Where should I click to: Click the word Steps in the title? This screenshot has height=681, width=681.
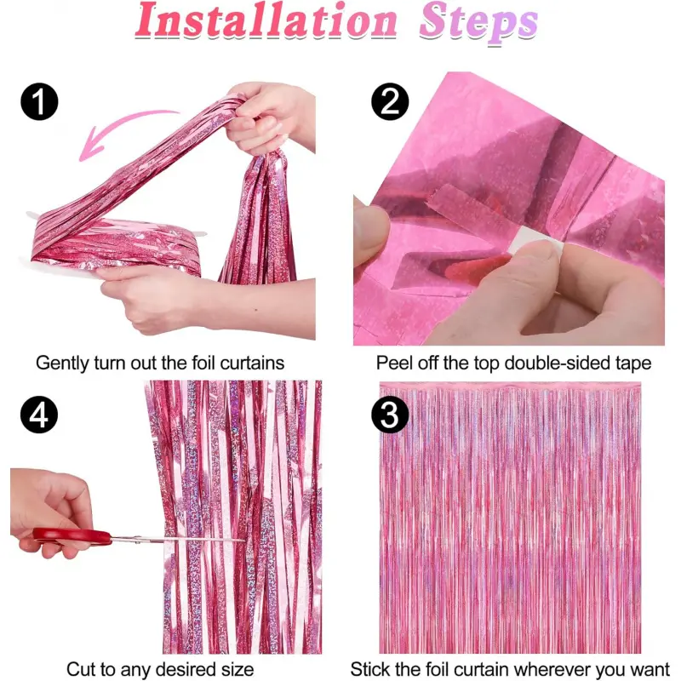pos(478,23)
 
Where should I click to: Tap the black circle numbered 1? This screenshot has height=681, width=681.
pos(39,102)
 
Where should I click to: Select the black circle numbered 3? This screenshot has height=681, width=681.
pos(390,415)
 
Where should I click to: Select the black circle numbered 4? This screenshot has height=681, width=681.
pos(39,415)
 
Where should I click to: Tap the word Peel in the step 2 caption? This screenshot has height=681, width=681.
pos(393,363)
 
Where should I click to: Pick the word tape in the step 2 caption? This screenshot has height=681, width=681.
pos(632,363)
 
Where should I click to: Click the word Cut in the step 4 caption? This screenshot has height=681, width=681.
pos(82,669)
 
